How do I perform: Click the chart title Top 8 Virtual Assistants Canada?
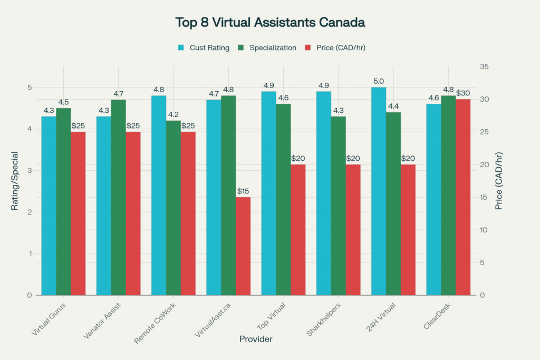270,23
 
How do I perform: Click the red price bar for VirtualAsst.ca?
243,246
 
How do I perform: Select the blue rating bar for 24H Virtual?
379,191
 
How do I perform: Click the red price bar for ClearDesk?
463,197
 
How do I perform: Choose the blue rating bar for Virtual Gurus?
49,206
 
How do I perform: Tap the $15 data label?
244,191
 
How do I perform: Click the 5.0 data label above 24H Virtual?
379,81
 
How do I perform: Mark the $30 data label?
463,93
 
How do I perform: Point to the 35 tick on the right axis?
483,66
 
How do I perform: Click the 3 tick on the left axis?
30,170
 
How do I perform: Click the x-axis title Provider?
256,339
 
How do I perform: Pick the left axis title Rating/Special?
15,181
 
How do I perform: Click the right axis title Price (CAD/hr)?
499,181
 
